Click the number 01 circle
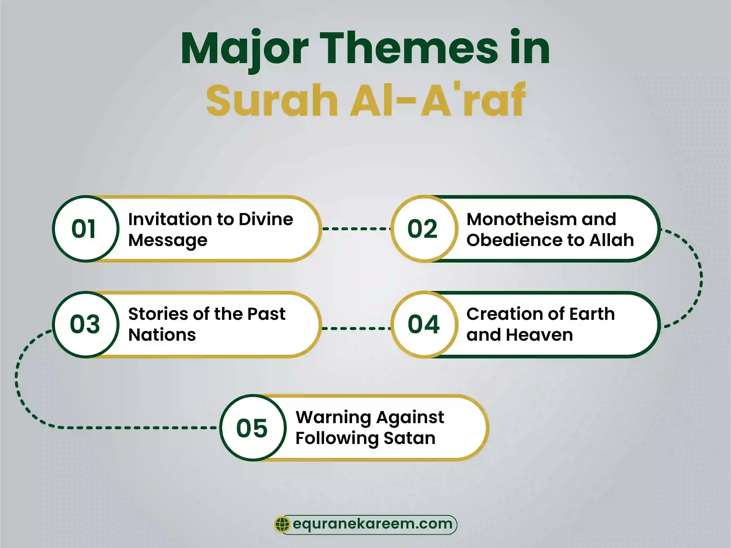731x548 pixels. pyautogui.click(x=85, y=229)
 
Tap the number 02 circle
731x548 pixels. pyautogui.click(x=424, y=229)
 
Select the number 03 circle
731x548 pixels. pyautogui.click(x=85, y=324)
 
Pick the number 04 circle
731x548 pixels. pyautogui.click(x=424, y=324)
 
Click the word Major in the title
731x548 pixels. pyautogui.click(x=245, y=49)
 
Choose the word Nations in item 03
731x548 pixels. pyautogui.click(x=162, y=335)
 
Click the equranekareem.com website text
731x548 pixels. pyautogui.click(x=372, y=524)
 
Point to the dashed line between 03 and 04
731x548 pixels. pyautogui.click(x=356, y=328)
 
